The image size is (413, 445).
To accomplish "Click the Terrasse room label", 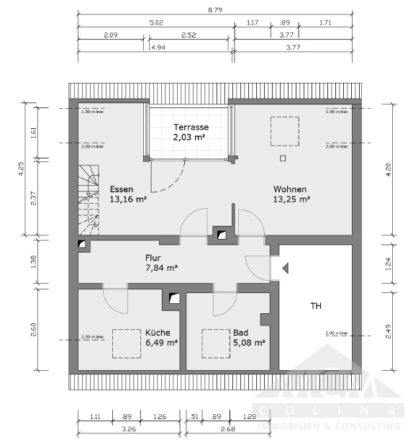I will (x=191, y=126).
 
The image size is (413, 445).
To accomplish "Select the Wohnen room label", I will (x=290, y=189).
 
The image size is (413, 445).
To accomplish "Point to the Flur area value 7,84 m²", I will (x=161, y=269).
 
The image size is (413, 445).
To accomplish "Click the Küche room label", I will (x=158, y=333).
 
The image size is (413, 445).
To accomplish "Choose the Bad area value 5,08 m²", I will (x=249, y=343).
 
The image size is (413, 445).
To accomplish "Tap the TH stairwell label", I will (x=315, y=306).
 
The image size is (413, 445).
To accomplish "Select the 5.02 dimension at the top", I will (x=155, y=22).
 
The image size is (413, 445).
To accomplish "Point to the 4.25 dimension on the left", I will (x=22, y=168).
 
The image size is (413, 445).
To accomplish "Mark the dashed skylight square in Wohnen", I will (x=283, y=130).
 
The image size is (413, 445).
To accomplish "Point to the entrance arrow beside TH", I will (x=285, y=269).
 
